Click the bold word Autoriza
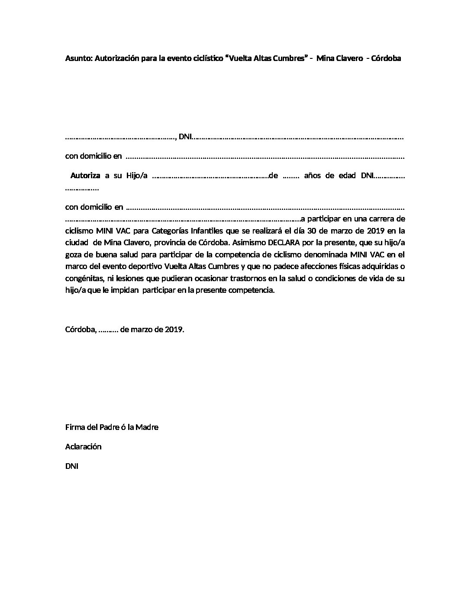[85, 176]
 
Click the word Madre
[147, 427]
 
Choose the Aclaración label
[83, 447]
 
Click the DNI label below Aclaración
[71, 466]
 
